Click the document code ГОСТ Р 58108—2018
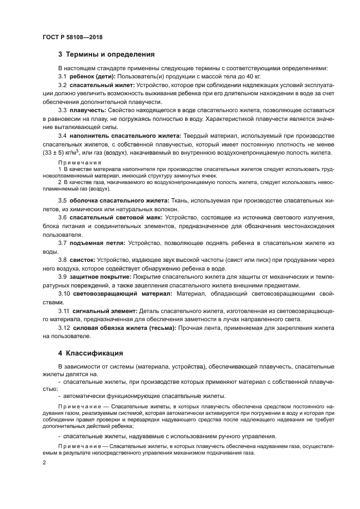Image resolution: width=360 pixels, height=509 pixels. point(72,37)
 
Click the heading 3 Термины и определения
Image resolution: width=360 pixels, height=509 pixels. point(106,54)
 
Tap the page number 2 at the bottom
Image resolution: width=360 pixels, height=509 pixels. point(44,462)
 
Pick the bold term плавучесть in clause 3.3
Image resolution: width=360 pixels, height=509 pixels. point(87,111)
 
